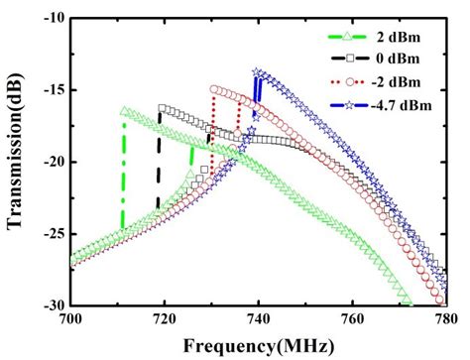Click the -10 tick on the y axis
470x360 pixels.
53,18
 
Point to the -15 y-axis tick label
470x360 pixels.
53,89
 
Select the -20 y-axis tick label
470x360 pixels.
53,162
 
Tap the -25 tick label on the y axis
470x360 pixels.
53,233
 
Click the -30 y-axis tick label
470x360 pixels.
53,304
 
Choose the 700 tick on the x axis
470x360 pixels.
70,319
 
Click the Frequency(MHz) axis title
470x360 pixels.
257,344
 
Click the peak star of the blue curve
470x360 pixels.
258,72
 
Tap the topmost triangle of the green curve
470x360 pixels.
124,111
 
